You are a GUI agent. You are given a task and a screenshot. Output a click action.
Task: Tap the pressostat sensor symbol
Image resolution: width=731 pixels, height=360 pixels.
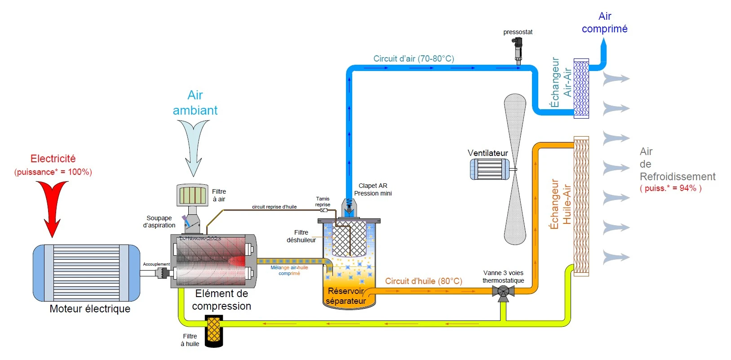point(518,49)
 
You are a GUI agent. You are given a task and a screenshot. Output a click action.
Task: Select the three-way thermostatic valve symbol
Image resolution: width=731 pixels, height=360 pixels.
point(503,292)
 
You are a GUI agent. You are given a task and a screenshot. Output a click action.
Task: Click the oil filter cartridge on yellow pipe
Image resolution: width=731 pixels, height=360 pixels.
point(214,331)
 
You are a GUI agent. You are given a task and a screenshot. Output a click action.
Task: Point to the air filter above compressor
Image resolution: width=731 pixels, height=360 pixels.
point(192,195)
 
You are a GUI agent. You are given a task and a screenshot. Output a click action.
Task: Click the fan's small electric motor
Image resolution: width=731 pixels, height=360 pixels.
point(490,169)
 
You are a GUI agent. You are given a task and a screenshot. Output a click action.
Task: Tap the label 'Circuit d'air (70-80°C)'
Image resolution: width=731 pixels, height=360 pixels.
point(413,58)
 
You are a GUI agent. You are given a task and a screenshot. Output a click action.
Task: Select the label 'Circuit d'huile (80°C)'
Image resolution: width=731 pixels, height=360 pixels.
point(423,281)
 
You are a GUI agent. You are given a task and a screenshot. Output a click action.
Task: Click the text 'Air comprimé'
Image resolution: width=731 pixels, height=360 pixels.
point(604,22)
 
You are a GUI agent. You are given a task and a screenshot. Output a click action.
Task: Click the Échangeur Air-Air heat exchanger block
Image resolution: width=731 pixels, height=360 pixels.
point(581,89)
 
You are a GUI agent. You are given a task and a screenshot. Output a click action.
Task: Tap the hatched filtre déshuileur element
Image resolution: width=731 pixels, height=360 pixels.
point(349,238)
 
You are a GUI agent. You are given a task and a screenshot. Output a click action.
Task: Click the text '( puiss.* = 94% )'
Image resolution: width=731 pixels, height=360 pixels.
point(670,188)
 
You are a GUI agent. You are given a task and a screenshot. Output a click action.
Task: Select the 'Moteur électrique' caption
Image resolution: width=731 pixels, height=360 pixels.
point(90,309)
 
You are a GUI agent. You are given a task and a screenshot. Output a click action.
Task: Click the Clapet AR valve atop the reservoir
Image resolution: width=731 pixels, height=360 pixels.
point(349,207)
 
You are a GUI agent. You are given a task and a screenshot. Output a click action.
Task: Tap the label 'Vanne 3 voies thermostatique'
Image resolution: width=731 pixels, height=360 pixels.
point(503,276)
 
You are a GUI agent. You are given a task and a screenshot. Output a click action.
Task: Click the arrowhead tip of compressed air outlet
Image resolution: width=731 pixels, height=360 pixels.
point(604,41)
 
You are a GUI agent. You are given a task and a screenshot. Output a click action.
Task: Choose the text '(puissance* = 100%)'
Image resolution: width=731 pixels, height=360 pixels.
point(53,172)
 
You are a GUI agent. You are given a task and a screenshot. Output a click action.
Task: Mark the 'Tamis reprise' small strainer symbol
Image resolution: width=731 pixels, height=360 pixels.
point(323,210)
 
